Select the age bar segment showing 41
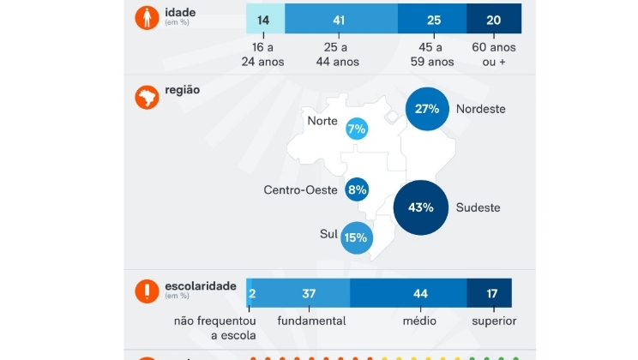(x=340, y=19)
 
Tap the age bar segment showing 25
(x=433, y=19)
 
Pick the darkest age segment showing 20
(x=493, y=19)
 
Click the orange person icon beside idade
(x=147, y=18)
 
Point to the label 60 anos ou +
(x=495, y=55)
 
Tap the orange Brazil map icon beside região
(x=147, y=97)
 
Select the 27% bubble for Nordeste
(x=427, y=109)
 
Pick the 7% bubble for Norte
(x=357, y=129)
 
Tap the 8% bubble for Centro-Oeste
(x=357, y=189)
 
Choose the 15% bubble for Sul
(x=355, y=237)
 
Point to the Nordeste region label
(x=480, y=109)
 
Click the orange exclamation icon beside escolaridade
(x=147, y=291)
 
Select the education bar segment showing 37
(x=309, y=293)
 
